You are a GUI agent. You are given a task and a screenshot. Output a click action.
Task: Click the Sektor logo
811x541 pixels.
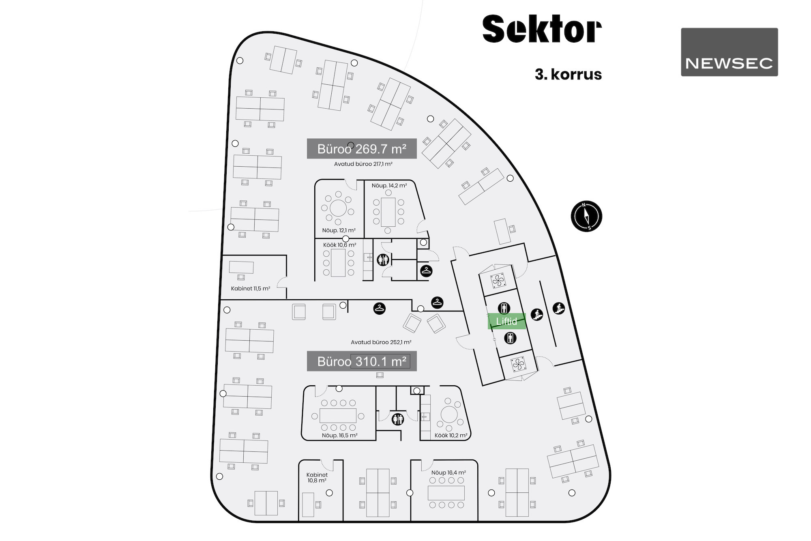pos(542,29)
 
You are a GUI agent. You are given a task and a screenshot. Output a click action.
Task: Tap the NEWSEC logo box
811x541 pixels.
pos(729,52)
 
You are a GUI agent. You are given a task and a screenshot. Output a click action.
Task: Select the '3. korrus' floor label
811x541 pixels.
pos(568,75)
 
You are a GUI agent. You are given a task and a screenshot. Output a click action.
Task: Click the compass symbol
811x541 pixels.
pos(586,216)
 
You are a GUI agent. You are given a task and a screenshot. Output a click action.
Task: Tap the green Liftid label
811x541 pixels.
pos(506,321)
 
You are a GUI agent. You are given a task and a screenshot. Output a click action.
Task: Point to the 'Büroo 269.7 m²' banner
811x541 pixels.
pos(362,149)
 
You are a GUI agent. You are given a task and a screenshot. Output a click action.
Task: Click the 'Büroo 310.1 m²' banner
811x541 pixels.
pos(362,361)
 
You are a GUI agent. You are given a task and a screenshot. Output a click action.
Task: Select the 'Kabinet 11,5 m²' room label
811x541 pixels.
pos(250,289)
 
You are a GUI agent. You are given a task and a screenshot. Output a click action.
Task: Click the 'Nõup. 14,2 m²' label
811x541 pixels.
pos(389,186)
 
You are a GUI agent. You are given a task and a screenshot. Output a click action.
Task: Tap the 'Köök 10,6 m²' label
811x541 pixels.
pos(340,245)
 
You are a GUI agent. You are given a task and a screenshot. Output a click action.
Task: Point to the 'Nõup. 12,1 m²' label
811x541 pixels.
pos(339,230)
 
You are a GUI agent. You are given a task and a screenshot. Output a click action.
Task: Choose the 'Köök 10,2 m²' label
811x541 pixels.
pos(451,436)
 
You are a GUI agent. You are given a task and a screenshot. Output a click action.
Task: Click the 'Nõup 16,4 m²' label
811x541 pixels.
pos(448,472)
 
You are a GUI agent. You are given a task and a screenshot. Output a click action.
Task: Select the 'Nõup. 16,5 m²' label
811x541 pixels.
pos(340,436)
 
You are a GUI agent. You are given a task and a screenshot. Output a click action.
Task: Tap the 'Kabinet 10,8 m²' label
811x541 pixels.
pos(317,478)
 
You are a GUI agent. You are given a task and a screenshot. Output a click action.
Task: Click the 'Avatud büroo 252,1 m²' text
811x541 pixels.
pos(381,342)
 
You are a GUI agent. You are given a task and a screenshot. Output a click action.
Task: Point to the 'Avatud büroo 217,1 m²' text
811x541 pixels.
pos(363,164)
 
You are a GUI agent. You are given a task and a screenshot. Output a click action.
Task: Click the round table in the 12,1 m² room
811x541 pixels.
pos(338,208)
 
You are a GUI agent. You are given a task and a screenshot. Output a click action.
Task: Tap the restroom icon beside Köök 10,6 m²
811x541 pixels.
pos(383,260)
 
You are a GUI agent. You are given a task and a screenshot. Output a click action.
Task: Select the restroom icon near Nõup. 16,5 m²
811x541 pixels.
pos(398,419)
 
